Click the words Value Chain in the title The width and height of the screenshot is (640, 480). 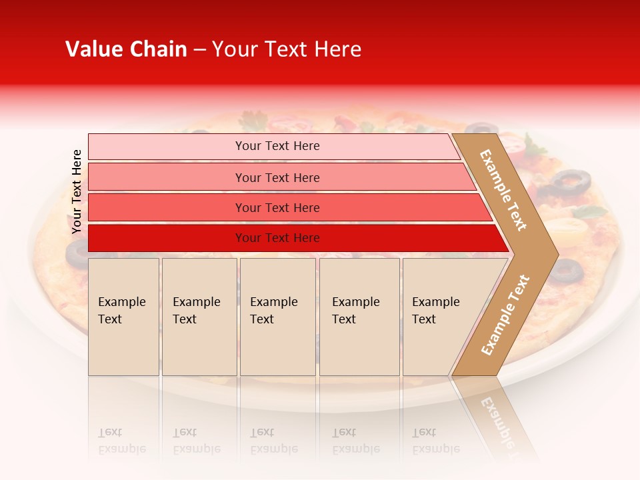[x=126, y=49]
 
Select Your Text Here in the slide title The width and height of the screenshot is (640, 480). [x=287, y=49]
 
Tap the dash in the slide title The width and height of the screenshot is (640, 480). [x=199, y=50]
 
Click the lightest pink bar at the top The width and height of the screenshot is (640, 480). [x=273, y=146]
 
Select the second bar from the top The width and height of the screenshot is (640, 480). [x=280, y=177]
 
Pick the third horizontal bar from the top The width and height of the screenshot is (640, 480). [x=287, y=207]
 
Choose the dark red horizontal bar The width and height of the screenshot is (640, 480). [x=293, y=238]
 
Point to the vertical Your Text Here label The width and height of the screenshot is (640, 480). [x=77, y=191]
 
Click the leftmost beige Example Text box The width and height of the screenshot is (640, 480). [x=123, y=317]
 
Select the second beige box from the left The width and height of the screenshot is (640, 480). [x=199, y=317]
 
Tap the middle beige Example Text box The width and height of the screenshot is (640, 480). [x=277, y=317]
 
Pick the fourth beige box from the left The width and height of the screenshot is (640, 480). [x=359, y=317]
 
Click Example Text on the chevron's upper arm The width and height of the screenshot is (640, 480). [x=503, y=190]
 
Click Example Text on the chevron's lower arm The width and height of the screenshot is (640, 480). [x=505, y=315]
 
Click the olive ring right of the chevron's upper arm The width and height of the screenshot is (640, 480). [x=572, y=180]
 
